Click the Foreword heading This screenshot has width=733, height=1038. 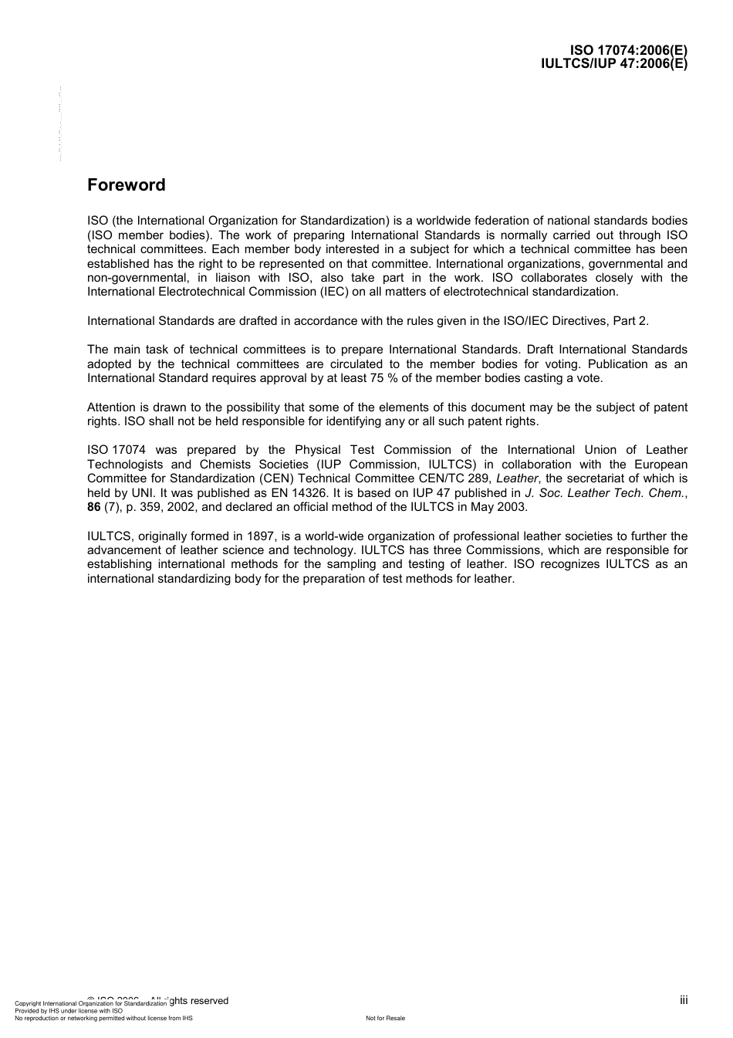coord(126,185)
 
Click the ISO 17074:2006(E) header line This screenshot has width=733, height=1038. coord(628,52)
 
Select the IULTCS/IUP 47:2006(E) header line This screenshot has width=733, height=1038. coord(614,64)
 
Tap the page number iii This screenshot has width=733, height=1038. coord(684,1000)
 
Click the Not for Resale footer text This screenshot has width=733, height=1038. coord(385,1018)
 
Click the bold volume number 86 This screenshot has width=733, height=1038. coord(93,507)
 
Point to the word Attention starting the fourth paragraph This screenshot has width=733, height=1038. coord(112,407)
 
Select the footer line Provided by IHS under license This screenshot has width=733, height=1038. coord(69,1010)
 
